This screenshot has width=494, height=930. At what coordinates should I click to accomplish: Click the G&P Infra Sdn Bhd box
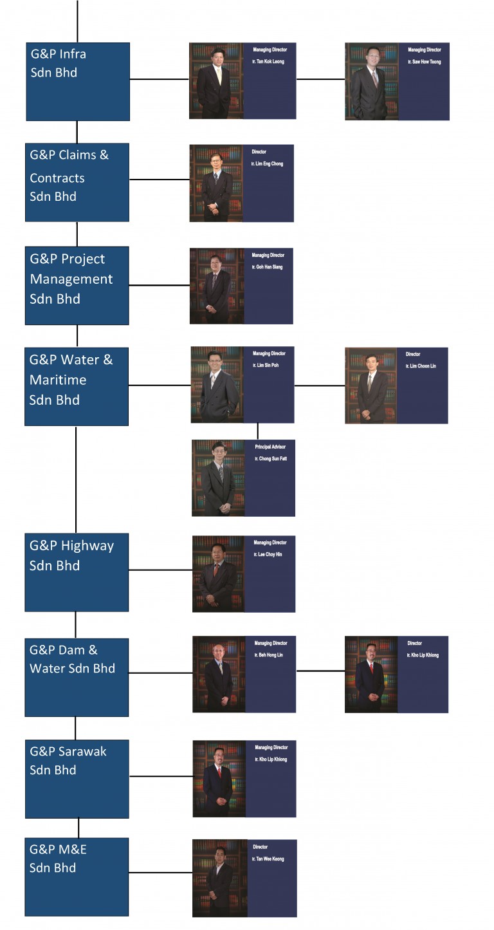(x=77, y=81)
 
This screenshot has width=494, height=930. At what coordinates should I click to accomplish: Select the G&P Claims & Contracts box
(x=77, y=182)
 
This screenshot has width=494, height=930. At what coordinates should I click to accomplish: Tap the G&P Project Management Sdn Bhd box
(x=77, y=285)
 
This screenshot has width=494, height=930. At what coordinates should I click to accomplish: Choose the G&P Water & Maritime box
(x=76, y=386)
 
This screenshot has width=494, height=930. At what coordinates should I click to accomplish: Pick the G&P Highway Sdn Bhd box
(x=76, y=572)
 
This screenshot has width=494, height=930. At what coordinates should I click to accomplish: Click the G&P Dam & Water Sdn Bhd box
(x=76, y=677)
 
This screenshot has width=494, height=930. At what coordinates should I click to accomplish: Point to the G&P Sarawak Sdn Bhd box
(x=77, y=778)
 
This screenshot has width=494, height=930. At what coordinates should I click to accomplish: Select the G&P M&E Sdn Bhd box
(x=76, y=876)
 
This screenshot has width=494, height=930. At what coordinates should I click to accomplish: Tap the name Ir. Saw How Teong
(x=425, y=62)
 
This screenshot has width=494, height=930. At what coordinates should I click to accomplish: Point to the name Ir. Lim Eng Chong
(x=267, y=164)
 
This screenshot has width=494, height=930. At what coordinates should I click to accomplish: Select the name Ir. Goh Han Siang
(x=267, y=267)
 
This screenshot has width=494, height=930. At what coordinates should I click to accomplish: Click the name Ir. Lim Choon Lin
(x=421, y=366)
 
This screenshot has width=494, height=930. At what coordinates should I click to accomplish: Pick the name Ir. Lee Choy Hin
(x=268, y=554)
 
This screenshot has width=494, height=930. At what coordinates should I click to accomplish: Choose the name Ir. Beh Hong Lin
(x=269, y=655)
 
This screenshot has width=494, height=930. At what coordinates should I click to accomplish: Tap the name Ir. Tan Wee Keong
(x=268, y=859)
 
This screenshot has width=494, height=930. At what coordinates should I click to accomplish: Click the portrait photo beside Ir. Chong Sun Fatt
(x=218, y=478)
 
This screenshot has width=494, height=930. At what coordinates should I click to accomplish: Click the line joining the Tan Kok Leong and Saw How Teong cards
(x=320, y=79)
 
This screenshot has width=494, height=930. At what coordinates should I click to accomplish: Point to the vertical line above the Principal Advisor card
(x=258, y=431)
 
